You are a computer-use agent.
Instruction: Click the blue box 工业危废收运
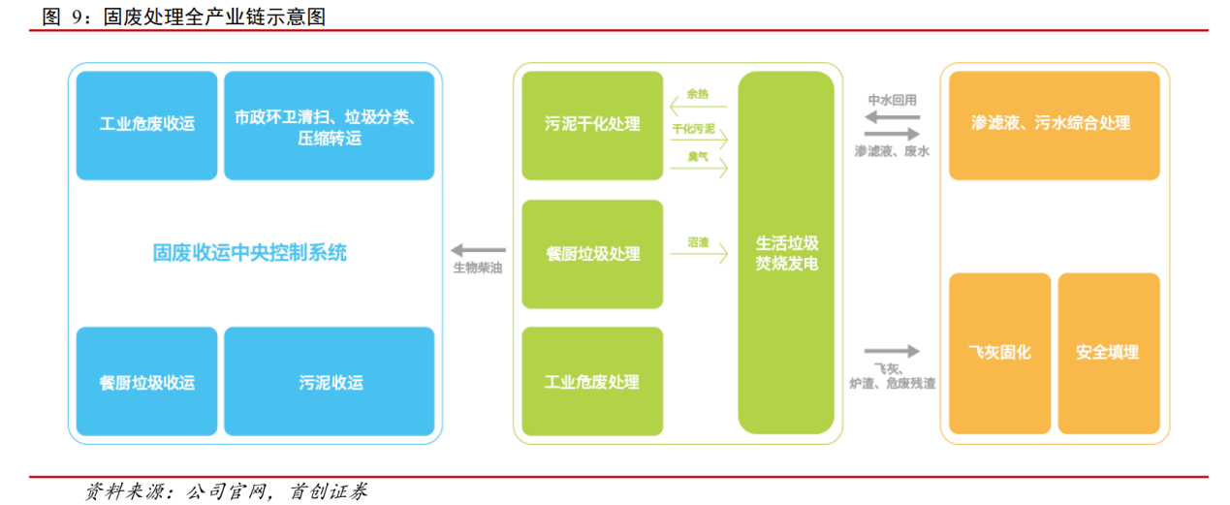coord(147,125)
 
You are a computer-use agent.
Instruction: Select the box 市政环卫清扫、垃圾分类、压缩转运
coord(329,125)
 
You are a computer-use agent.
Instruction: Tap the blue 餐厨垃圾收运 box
coord(147,381)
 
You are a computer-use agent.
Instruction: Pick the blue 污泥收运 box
coord(329,381)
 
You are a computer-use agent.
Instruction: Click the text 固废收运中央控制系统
coord(250,253)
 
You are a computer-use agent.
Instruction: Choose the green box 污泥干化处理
coord(592,125)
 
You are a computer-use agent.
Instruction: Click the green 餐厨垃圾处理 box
coord(592,254)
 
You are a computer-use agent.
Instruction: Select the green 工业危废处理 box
coord(592,381)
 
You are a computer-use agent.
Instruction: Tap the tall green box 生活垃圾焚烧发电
coord(786,252)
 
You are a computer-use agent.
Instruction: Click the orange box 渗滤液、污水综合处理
coord(1054,125)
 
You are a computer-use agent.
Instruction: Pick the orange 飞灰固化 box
coord(999,353)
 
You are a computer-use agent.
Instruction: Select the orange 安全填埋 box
coord(1108,353)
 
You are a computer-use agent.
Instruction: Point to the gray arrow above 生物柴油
coord(479,250)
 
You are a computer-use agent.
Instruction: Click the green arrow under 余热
coord(698,107)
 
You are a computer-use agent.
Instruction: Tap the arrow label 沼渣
coord(698,242)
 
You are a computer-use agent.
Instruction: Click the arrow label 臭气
coord(698,156)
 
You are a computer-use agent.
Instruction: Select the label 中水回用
coord(892,100)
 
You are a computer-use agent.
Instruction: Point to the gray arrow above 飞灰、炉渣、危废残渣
coord(892,351)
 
